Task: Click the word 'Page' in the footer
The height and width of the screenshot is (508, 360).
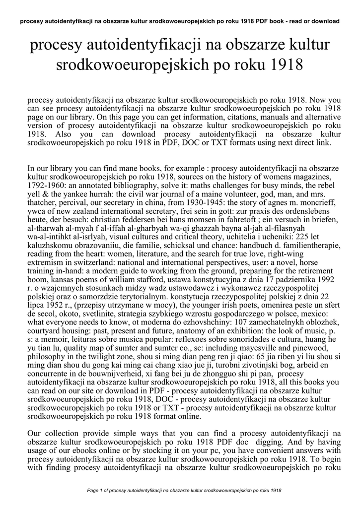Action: pos(93,490)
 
